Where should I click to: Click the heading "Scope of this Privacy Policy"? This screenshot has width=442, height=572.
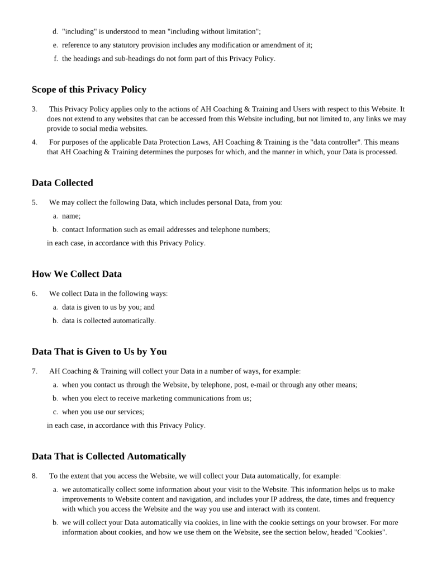click(x=89, y=89)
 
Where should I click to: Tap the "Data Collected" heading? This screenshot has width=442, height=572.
click(x=63, y=183)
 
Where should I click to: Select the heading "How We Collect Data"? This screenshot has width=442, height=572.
click(x=77, y=274)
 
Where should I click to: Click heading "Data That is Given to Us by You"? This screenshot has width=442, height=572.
click(x=99, y=352)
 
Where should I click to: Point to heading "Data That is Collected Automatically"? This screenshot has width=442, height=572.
click(x=108, y=456)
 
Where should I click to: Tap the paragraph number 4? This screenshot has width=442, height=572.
click(x=34, y=142)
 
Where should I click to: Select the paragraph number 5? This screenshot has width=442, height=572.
click(x=34, y=202)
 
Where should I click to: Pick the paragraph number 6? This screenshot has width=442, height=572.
click(x=34, y=293)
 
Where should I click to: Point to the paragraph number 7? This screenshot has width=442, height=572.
click(x=34, y=371)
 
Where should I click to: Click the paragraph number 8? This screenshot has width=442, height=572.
click(x=34, y=476)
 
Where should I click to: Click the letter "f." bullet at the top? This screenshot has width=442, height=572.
click(x=56, y=59)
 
